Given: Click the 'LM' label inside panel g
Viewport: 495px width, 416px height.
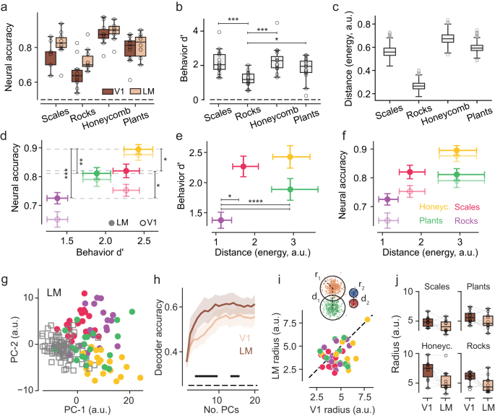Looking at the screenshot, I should pos(44,292).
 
